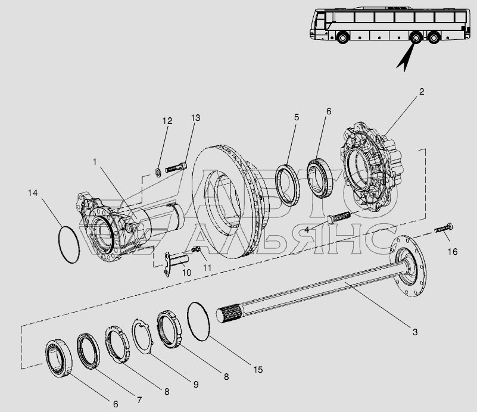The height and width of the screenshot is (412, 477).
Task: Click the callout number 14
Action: pos(33,193)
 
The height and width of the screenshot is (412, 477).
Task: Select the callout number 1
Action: pos(95,162)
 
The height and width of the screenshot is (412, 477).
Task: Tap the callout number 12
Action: pos(167,121)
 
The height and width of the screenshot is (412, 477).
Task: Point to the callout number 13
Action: pos(195,118)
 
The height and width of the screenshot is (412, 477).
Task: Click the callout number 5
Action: pos(297,117)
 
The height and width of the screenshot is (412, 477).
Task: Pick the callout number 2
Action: pos(422,92)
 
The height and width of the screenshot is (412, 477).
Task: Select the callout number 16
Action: pos(453,252)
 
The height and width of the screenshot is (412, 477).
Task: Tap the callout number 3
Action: pos(415,332)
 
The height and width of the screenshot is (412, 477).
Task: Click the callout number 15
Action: pos(258,370)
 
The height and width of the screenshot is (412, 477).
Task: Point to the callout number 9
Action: pos(196,385)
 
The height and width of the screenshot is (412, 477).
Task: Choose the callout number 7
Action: pos(139,400)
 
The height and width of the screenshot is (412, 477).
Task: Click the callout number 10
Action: pos(186,273)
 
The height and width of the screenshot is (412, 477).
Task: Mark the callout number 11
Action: pos(207,267)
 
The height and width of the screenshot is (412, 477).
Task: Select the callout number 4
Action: pos(307,230)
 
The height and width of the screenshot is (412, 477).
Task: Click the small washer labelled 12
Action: pos(158,173)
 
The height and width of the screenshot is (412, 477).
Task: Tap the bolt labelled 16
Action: pos(444,228)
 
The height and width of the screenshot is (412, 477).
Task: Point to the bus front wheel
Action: pos(342,38)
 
